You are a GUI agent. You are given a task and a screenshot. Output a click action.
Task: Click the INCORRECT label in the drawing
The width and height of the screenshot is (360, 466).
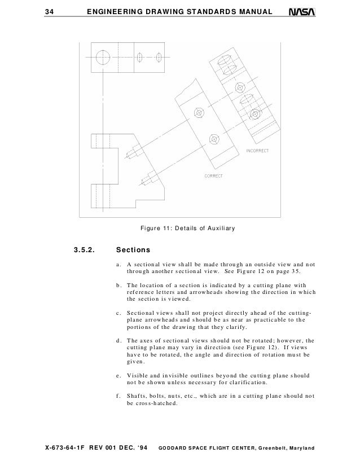click(x=257, y=151)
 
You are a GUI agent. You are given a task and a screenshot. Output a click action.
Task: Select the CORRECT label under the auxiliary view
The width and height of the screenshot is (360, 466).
click(x=213, y=176)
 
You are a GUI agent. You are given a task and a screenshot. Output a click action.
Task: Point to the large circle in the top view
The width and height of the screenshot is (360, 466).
click(x=103, y=57)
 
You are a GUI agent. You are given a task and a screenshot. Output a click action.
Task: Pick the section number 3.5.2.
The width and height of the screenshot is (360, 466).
click(x=85, y=249)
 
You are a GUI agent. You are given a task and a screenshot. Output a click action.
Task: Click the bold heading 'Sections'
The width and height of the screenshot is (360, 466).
click(x=133, y=249)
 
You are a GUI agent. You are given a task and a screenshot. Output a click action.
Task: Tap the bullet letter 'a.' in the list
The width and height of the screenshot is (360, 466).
click(x=118, y=264)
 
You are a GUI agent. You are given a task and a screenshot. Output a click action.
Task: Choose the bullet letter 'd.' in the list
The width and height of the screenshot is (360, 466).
click(x=118, y=340)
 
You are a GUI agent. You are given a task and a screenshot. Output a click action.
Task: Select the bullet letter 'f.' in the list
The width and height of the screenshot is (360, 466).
click(x=118, y=395)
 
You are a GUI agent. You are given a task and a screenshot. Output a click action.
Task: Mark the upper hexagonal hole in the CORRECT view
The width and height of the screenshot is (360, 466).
click(x=198, y=112)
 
